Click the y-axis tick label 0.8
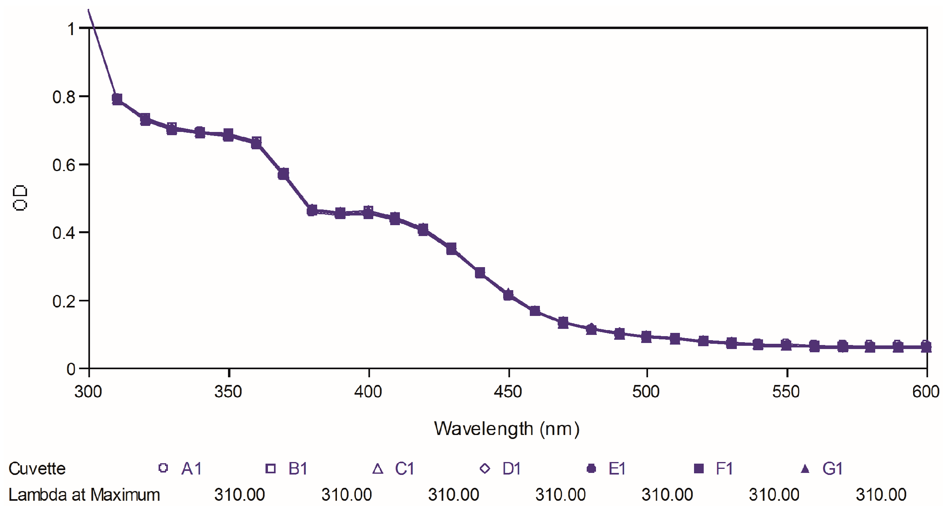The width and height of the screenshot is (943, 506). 64,97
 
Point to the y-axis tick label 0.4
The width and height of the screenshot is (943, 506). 64,233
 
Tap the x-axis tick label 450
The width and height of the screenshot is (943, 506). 508,392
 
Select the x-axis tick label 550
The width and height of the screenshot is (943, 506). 786,392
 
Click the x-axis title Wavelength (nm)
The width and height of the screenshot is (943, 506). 507,429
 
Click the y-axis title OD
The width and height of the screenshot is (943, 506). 20,198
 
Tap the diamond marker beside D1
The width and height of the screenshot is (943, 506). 485,468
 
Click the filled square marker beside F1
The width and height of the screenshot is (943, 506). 698,468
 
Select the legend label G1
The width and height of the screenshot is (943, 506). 832,468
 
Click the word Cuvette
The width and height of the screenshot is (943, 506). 37,468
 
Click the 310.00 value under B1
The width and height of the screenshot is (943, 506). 347,495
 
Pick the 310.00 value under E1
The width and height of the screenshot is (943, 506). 667,495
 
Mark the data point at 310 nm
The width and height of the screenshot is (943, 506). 117,99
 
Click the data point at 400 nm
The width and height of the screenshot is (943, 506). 368,212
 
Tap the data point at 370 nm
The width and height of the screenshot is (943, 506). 283,174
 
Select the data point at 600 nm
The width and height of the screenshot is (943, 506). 926,347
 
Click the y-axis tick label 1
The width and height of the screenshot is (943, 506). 71,29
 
